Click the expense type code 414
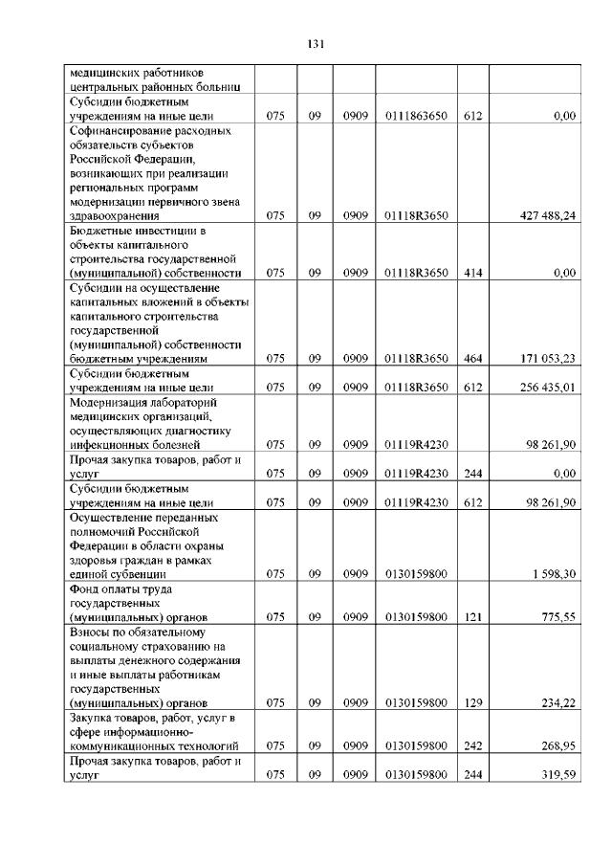coord(470,273)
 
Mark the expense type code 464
coord(470,359)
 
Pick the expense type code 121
coord(470,616)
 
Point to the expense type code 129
coord(470,702)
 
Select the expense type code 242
coord(470,745)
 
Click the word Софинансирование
coord(120,130)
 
